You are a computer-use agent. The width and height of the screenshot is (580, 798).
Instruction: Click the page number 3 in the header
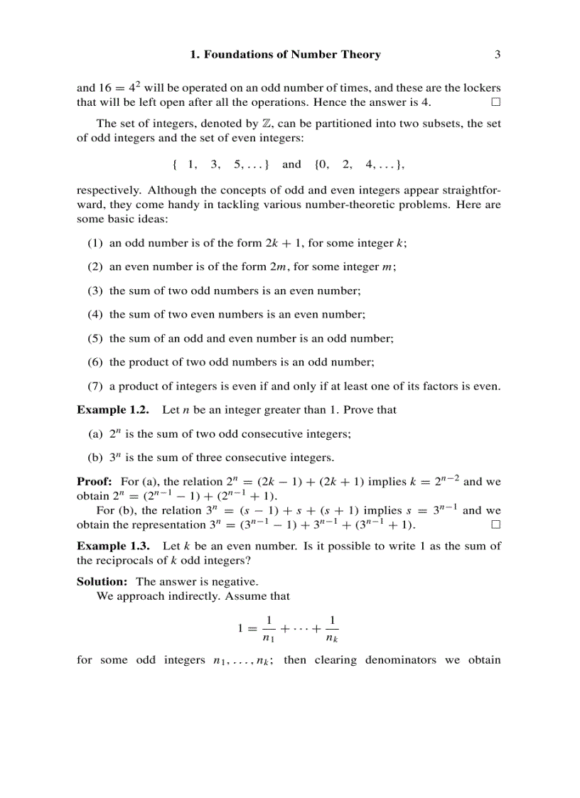498,55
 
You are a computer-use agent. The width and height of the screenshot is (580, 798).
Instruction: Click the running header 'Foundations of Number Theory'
292,55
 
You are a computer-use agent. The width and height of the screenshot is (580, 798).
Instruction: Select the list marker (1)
95,243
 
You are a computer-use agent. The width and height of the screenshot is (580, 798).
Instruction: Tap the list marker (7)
95,387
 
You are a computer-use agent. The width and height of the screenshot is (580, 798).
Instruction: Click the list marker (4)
95,314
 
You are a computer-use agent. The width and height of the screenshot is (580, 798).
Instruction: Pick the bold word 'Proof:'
95,482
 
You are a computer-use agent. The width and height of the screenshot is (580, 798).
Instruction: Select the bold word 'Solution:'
102,582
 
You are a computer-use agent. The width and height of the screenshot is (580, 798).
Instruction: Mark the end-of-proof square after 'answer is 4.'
495,102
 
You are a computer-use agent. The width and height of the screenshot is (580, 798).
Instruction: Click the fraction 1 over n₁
269,629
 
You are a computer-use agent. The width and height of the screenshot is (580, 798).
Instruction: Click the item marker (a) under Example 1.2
95,434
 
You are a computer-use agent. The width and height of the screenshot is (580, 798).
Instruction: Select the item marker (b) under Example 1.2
95,458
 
